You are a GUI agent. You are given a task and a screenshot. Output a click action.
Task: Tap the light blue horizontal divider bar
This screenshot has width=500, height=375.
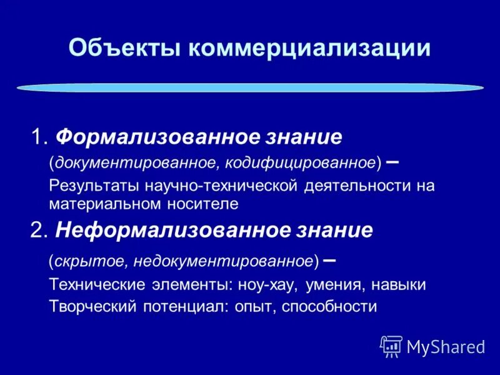click(250, 88)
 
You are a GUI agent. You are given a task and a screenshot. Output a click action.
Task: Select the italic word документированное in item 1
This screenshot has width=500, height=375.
click(135, 162)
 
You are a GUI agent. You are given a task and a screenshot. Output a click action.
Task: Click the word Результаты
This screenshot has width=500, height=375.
click(94, 186)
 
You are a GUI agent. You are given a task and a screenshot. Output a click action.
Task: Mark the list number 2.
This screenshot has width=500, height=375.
click(37, 231)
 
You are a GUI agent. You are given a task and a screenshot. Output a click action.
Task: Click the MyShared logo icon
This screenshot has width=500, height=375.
click(391, 346)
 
